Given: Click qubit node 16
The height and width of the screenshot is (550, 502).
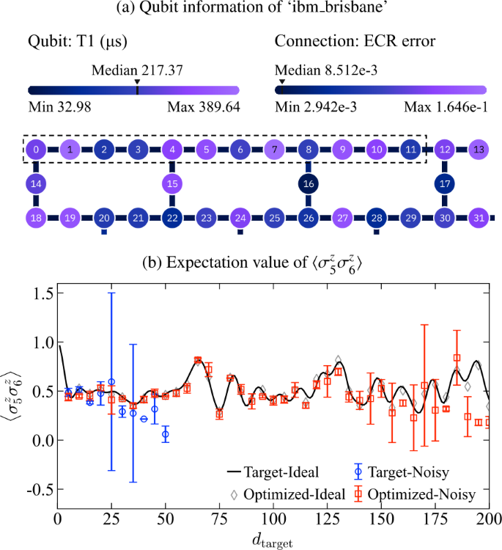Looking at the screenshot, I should click(x=309, y=183).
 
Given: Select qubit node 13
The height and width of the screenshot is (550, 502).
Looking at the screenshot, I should click(x=478, y=150).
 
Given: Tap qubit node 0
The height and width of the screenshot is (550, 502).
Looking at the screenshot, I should click(x=36, y=150).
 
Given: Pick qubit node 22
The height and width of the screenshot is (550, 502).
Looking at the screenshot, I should click(x=172, y=218).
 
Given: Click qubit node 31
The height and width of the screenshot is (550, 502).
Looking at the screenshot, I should click(x=478, y=218).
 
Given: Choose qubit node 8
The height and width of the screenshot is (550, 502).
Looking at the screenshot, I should click(x=309, y=150).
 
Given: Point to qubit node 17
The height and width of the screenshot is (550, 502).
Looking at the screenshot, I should click(x=444, y=183).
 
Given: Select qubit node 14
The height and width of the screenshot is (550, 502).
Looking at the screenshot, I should click(x=36, y=183).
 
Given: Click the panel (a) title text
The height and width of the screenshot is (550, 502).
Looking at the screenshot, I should click(x=251, y=9).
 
